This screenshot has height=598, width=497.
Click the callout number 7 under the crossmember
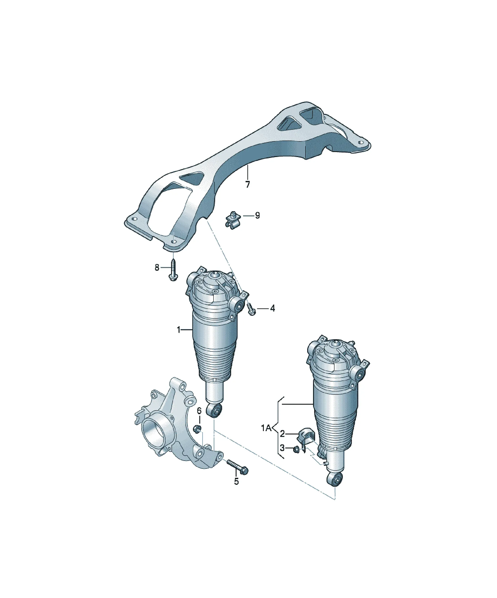pyautogui.click(x=247, y=185)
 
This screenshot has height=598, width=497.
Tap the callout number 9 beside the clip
pyautogui.click(x=257, y=216)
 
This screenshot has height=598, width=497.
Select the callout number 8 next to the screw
pyautogui.click(x=157, y=268)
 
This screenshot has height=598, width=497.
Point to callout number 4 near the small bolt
pyautogui.click(x=272, y=308)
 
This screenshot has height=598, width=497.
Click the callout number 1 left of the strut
pyautogui.click(x=179, y=330)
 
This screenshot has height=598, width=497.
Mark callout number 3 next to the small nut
pyautogui.click(x=282, y=448)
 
